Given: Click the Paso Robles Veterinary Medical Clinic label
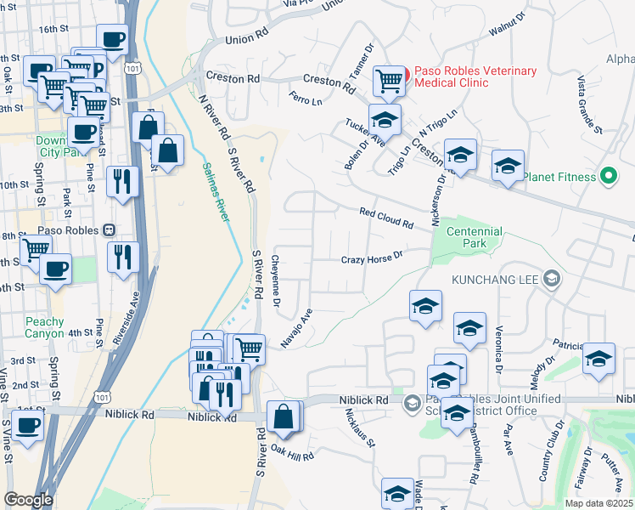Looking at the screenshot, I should tap(475, 76).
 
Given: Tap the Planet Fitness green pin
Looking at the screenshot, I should tap(608, 177).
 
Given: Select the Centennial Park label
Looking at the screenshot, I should tap(475, 237).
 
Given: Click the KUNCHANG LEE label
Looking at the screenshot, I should tap(493, 278).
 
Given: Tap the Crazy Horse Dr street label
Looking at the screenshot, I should tap(371, 258).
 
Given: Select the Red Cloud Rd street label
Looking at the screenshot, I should tap(385, 218).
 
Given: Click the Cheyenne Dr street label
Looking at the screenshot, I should tap(276, 280).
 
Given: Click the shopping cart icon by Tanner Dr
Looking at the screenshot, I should tap(389, 81).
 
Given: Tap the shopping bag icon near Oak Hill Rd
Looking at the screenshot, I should tap(284, 416).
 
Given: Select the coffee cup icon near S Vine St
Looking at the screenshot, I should tap(27, 425).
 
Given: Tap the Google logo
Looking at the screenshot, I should tap(28, 500).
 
